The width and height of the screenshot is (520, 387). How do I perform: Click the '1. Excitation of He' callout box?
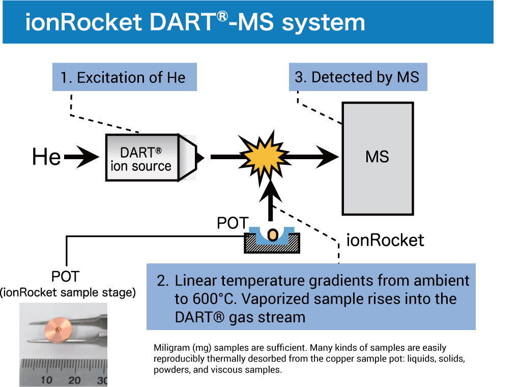coord(124,77)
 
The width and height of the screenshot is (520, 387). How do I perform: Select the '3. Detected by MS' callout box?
coord(358,77)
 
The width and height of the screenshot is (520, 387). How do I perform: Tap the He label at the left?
coord(46,157)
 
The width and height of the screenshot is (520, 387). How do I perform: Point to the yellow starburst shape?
coord(263,157)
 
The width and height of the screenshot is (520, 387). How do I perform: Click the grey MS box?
coord(377,158)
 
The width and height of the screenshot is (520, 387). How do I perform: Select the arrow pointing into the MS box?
coord(315,157)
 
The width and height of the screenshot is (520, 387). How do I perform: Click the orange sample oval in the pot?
coord(273,235)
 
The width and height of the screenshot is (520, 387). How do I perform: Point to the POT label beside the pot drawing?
coord(232,223)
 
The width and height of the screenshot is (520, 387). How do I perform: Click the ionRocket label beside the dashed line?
coord(385,240)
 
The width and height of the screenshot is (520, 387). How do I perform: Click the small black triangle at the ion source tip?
coord(200,158)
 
